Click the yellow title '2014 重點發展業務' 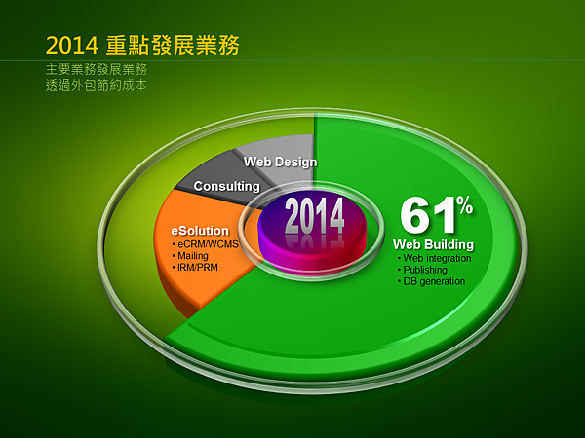pos(142,45)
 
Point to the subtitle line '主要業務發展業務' pos(97,69)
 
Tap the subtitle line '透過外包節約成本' pos(97,85)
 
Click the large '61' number pos(428,216)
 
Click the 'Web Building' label pos(433,244)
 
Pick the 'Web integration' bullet pos(434,258)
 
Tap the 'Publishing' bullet pos(422,270)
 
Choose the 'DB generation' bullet pos(431,281)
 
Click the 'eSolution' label pos(200,231)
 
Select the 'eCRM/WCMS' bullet pos(205,244)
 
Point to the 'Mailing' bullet pos(190,256)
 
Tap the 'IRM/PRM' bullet pos(195,268)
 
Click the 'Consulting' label pos(227,186)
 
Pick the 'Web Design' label pos(280,162)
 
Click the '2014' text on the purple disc pos(315,216)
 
